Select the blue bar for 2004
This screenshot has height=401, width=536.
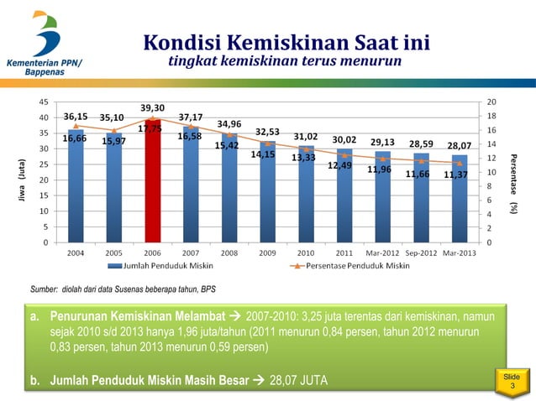pos(75,193)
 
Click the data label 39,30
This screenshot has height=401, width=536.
pos(152,108)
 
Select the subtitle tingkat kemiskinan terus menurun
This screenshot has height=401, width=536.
pos(285,62)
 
